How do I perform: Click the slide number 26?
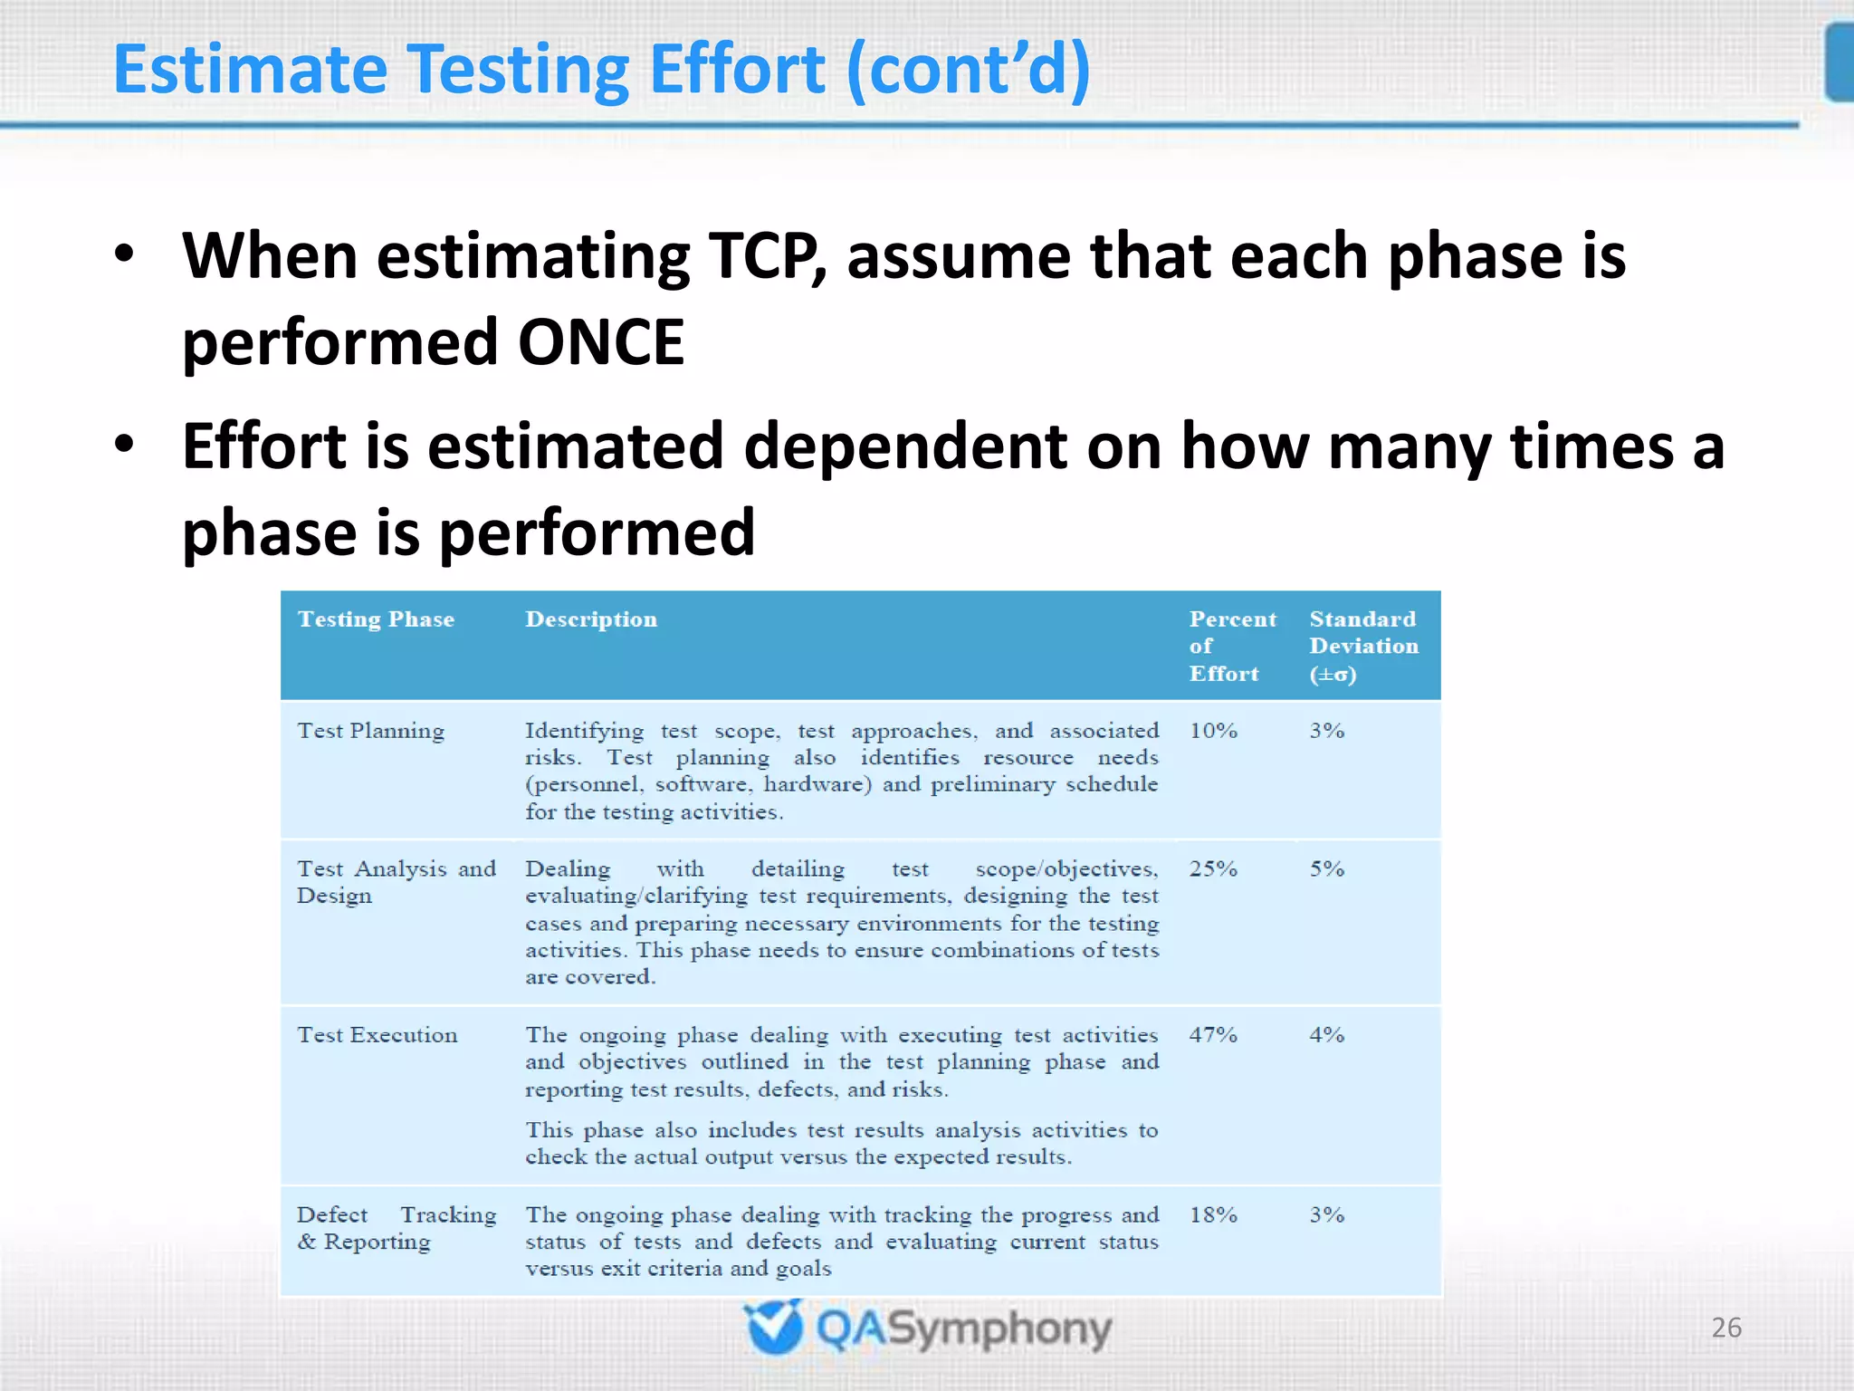pyautogui.click(x=1725, y=1328)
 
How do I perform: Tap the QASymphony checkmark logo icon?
pyautogui.click(x=774, y=1328)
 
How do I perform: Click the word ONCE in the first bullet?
pyautogui.click(x=600, y=342)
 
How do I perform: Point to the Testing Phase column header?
pyautogui.click(x=376, y=619)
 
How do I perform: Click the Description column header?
pyautogui.click(x=591, y=619)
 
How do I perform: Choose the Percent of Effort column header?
pyautogui.click(x=1231, y=646)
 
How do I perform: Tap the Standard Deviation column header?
pyautogui.click(x=1363, y=646)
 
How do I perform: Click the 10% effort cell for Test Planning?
pyautogui.click(x=1213, y=731)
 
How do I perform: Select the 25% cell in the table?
pyautogui.click(x=1213, y=868)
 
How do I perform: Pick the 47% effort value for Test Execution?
pyautogui.click(x=1213, y=1034)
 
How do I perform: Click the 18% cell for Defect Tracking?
pyautogui.click(x=1213, y=1214)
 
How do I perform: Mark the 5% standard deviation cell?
pyautogui.click(x=1326, y=868)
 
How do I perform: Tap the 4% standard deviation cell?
pyautogui.click(x=1326, y=1034)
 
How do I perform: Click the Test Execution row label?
pyautogui.click(x=377, y=1034)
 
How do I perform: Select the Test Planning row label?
pyautogui.click(x=371, y=731)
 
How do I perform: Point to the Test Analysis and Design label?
pyautogui.click(x=396, y=882)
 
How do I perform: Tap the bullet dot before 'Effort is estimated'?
pyautogui.click(x=124, y=444)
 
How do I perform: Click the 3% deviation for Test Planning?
pyautogui.click(x=1326, y=731)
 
